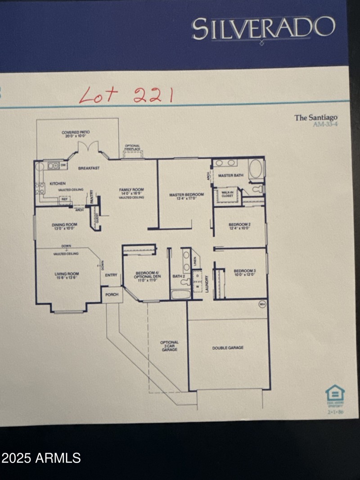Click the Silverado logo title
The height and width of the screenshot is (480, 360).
click(263, 29)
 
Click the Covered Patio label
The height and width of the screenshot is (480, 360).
click(76, 134)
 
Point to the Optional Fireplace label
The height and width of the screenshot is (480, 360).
click(132, 148)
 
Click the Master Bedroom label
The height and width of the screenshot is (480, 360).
click(186, 197)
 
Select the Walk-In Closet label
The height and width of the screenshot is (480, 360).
click(227, 194)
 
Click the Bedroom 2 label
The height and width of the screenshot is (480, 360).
click(239, 226)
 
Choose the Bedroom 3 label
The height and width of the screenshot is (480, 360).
click(244, 273)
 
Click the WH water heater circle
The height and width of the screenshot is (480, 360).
click(262, 305)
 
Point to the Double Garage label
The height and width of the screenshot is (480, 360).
click(228, 347)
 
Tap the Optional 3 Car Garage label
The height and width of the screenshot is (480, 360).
click(169, 345)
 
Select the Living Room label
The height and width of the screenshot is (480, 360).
click(67, 276)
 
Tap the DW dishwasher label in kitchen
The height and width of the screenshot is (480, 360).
click(63, 165)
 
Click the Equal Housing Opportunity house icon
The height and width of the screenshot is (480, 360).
click(335, 394)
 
